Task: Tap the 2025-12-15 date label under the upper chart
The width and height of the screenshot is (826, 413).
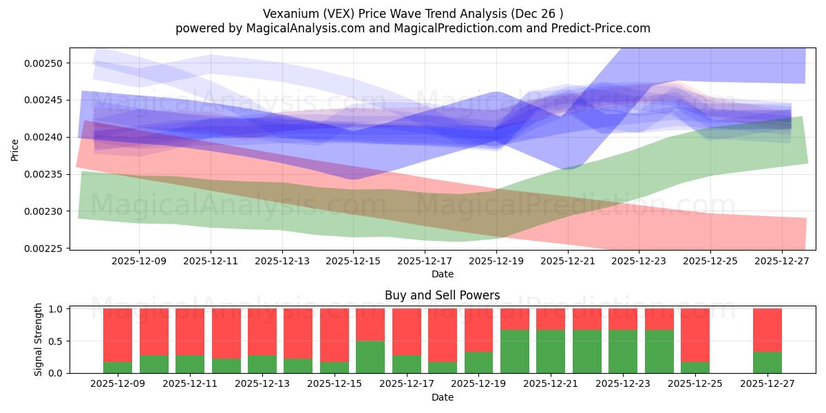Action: [x=353, y=262]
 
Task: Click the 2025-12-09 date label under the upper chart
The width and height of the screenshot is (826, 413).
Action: [x=139, y=262]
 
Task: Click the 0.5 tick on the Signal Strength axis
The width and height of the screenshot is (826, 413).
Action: [x=57, y=341]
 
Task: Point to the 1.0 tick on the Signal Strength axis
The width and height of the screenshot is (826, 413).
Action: [x=57, y=309]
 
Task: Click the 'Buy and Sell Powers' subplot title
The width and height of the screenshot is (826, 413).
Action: [x=442, y=296]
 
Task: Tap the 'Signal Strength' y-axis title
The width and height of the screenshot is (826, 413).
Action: [x=39, y=339]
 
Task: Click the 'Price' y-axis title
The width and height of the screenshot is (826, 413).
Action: [x=15, y=149]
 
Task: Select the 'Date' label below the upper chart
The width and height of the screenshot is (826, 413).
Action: [x=442, y=274]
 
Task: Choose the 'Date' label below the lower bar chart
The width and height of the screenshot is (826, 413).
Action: [x=442, y=397]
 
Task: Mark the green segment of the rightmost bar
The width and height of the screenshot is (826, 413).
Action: [x=767, y=363]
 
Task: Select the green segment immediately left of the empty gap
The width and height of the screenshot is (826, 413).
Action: [x=695, y=368]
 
